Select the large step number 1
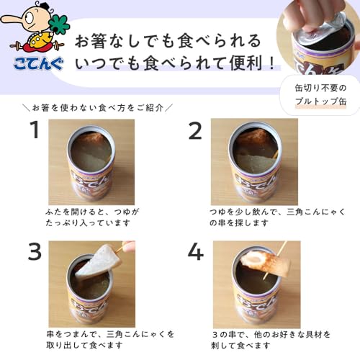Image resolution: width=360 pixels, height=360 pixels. pos(33,131)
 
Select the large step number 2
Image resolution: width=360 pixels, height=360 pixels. pos(194,131)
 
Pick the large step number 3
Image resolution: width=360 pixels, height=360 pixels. pos(33,253)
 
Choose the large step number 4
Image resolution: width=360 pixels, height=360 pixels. pos(194,253)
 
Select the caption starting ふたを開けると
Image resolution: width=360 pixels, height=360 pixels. pos(91,219)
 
